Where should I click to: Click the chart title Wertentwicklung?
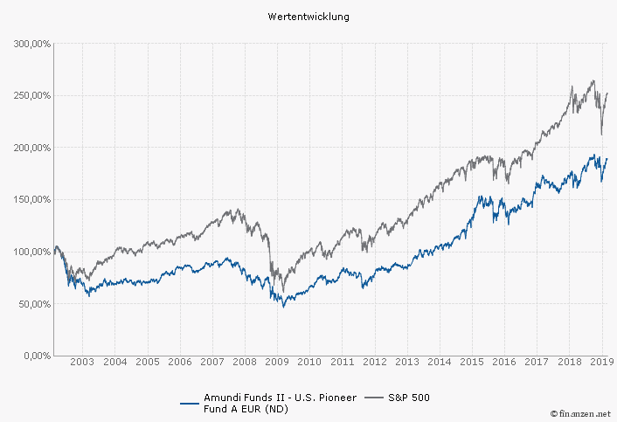click(308, 17)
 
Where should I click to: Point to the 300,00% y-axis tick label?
click(31, 43)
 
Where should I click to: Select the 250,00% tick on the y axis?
click(31, 95)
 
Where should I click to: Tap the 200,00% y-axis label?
click(31, 148)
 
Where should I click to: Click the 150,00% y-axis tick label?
click(31, 199)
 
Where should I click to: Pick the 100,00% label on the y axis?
click(31, 252)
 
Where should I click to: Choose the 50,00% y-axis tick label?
click(34, 304)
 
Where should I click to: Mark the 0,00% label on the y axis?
click(37, 356)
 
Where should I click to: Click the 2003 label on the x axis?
click(81, 362)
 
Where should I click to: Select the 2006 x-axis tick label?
click(179, 362)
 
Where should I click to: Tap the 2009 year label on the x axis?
click(277, 362)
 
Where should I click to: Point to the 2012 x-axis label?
click(374, 362)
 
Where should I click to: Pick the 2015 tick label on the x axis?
click(472, 362)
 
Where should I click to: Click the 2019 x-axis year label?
click(600, 362)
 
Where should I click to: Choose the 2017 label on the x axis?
click(537, 362)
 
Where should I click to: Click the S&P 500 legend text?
click(409, 398)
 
